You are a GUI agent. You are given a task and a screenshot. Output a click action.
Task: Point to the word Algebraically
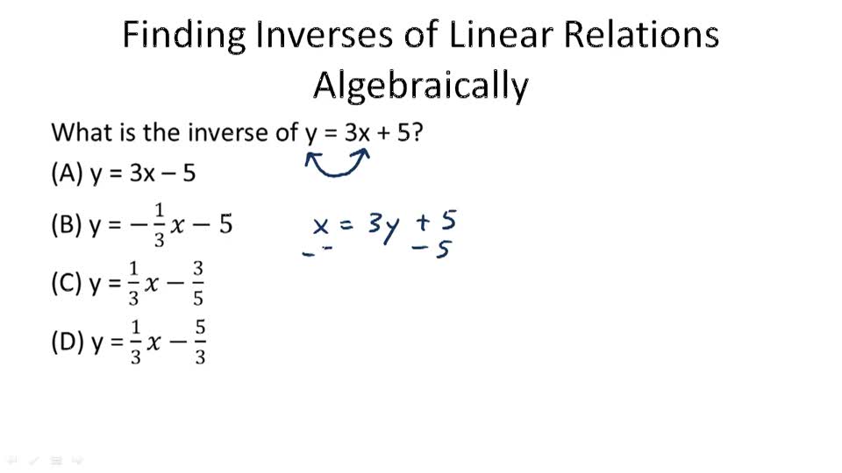point(421,86)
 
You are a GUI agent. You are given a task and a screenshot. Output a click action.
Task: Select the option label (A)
point(67,173)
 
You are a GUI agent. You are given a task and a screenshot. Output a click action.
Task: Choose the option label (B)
point(67,225)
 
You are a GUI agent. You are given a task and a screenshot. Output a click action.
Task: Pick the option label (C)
point(67,285)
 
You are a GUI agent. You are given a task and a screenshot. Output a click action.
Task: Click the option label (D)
point(68,342)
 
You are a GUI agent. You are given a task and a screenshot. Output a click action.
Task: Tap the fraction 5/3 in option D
point(200,342)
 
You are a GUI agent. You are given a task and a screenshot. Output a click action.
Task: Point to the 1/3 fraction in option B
point(159,226)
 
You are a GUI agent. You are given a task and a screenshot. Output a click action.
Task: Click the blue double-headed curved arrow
point(338,164)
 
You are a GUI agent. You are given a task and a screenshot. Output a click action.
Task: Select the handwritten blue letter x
point(321,226)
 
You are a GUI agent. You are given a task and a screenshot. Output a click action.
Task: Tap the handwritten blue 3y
point(383,227)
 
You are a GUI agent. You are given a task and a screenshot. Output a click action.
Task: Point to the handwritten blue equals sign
point(346,225)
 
